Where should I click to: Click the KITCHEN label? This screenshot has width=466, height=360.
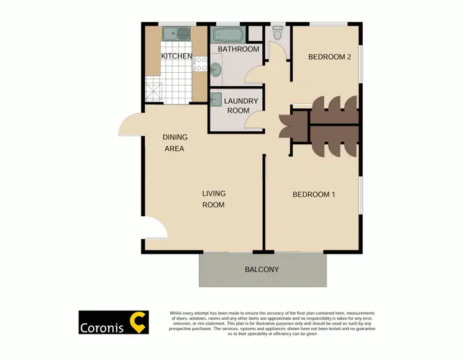pyautogui.click(x=176, y=57)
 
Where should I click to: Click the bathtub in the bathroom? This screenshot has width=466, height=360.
pyautogui.click(x=228, y=34)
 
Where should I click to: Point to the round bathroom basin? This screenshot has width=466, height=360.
pyautogui.click(x=217, y=70)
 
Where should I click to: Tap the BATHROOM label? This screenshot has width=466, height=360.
pyautogui.click(x=238, y=49)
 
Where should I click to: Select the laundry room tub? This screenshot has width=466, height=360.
pyautogui.click(x=216, y=99)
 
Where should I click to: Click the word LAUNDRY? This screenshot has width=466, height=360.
pyautogui.click(x=237, y=101)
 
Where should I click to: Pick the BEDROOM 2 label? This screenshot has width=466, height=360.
pyautogui.click(x=330, y=57)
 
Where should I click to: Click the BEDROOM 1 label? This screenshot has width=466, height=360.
pyautogui.click(x=314, y=195)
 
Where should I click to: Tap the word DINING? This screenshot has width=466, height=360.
pyautogui.click(x=175, y=137)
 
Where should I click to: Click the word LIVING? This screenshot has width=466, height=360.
pyautogui.click(x=214, y=194)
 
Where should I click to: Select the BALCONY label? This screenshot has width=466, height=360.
pyautogui.click(x=262, y=270)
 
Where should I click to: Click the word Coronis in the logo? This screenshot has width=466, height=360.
pyautogui.click(x=101, y=327)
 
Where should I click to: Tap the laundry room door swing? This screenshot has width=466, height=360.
pyautogui.click(x=256, y=120)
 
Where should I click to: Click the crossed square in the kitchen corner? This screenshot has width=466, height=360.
pyautogui.click(x=153, y=93)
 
